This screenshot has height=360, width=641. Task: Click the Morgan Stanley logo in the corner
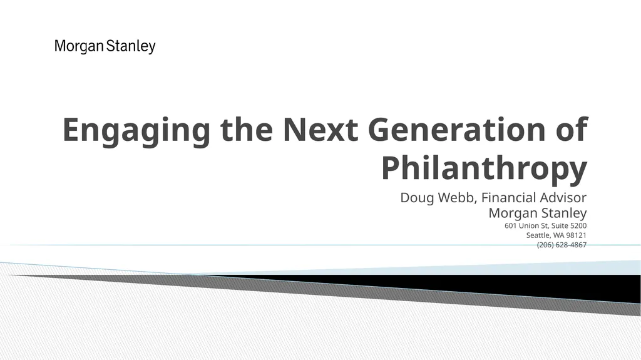tap(105, 46)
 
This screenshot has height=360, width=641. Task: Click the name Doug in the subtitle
tap(414, 198)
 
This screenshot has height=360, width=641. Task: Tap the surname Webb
tap(454, 198)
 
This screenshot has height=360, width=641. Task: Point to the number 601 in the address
tap(511, 225)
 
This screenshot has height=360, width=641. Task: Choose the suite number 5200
tap(578, 225)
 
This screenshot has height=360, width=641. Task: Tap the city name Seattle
tap(538, 235)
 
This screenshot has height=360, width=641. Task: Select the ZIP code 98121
tap(577, 235)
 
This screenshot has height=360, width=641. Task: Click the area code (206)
tap(546, 245)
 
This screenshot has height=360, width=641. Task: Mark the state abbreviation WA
tap(559, 235)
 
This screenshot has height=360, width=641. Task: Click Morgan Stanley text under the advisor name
tap(537, 213)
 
